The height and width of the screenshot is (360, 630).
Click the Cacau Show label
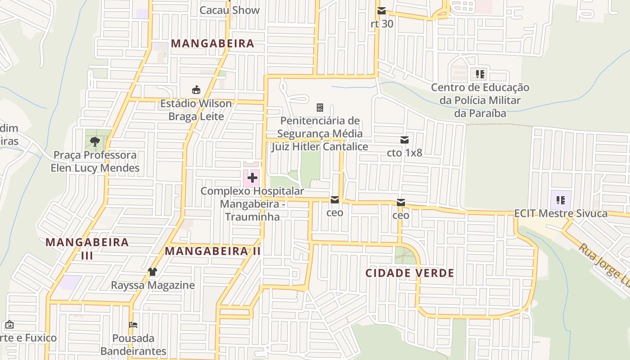(229, 10)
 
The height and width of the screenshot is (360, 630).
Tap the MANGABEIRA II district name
(213, 251)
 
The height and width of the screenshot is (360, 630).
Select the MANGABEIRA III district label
(87, 248)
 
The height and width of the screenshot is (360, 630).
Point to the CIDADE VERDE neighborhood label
(409, 273)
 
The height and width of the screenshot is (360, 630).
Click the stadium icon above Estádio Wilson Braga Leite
(196, 90)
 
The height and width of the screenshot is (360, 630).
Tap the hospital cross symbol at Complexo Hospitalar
(252, 178)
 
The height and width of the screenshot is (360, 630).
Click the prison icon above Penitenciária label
(320, 108)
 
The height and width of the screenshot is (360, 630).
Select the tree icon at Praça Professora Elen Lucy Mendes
(94, 142)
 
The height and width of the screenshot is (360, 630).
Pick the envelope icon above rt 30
(382, 11)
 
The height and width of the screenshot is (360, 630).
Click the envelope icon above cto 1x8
(405, 140)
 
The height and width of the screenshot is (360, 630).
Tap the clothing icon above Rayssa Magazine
(153, 272)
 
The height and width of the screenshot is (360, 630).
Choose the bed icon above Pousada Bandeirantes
(133, 325)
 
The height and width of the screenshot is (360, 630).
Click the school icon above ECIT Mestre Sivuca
(561, 200)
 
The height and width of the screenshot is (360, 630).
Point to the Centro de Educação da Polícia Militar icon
(480, 74)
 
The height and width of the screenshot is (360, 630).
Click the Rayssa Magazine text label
(153, 285)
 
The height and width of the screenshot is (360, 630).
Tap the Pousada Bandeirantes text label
(133, 344)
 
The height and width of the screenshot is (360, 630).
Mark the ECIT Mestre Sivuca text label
(561, 213)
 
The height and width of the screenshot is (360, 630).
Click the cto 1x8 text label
(405, 153)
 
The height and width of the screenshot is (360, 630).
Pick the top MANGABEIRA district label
(213, 44)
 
